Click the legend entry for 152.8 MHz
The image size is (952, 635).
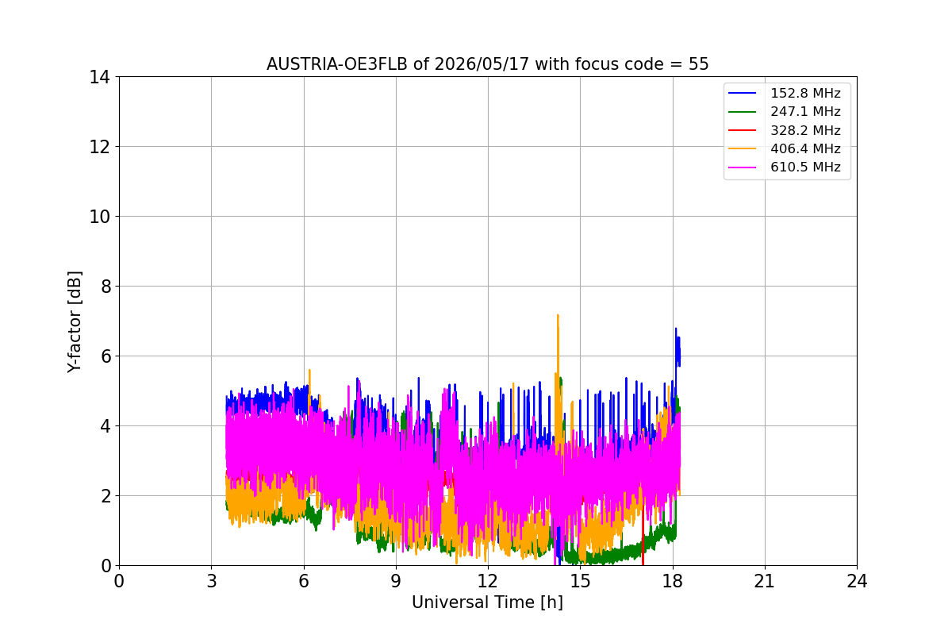(x=785, y=93)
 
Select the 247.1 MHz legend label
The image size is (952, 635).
(x=785, y=111)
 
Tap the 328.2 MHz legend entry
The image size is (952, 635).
(x=785, y=130)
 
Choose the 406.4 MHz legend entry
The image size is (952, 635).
(x=785, y=148)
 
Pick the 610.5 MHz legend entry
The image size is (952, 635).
(x=785, y=167)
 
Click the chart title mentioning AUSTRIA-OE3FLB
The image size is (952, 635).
(x=487, y=64)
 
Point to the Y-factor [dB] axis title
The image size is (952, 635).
(x=74, y=322)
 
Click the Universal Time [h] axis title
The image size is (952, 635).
(x=487, y=602)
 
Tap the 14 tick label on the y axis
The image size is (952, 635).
(x=99, y=78)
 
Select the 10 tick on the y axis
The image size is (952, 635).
(x=99, y=217)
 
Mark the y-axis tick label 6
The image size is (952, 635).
(x=106, y=356)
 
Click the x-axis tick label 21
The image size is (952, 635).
(x=765, y=581)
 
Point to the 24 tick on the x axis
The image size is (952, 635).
(x=857, y=581)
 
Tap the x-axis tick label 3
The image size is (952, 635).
(x=212, y=581)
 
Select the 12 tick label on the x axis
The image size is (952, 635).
(x=488, y=581)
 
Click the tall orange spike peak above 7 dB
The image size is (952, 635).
(x=558, y=316)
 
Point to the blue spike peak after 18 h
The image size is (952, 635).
(x=676, y=329)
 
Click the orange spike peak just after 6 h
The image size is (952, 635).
(x=309, y=371)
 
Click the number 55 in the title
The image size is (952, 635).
(x=699, y=64)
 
